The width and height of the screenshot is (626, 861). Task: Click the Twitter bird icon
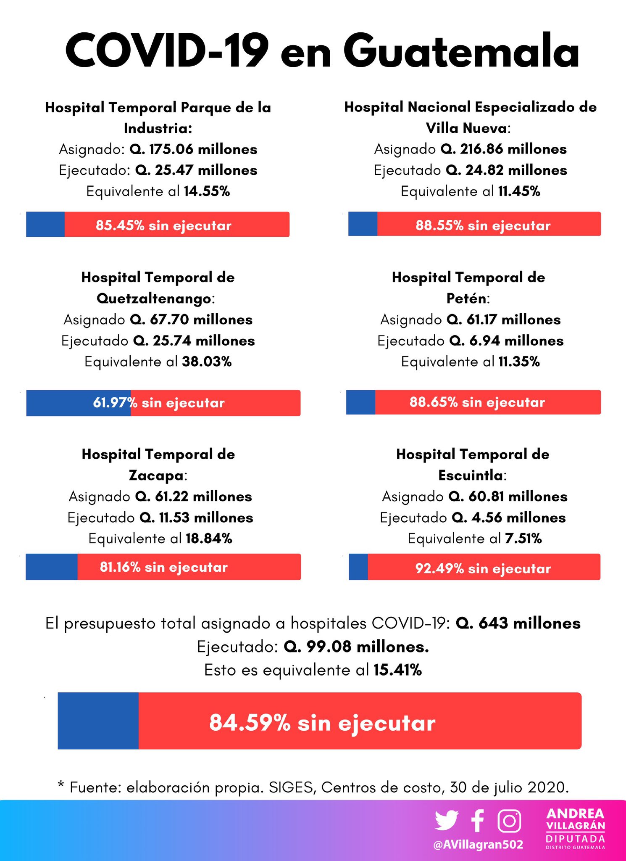click(x=446, y=820)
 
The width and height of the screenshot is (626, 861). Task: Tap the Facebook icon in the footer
click(x=477, y=820)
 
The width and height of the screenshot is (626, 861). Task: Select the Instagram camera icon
click(x=509, y=820)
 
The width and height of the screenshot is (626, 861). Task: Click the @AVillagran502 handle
click(x=478, y=844)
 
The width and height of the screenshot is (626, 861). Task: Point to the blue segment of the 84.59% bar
click(x=98, y=721)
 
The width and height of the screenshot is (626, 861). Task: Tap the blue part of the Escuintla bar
click(x=358, y=567)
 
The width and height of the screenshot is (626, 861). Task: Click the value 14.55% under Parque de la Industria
click(x=207, y=191)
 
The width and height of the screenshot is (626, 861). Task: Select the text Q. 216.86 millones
click(x=503, y=149)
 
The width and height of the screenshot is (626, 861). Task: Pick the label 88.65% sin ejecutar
click(x=477, y=402)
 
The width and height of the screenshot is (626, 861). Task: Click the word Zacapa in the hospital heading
click(x=156, y=475)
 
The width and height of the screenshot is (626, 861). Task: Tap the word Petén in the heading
click(x=466, y=298)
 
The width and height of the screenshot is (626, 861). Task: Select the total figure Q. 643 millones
click(x=518, y=623)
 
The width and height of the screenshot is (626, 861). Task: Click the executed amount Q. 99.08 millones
click(x=356, y=647)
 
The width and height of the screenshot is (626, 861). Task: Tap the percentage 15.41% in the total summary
click(x=397, y=670)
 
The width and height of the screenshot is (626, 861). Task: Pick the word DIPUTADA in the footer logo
click(x=576, y=839)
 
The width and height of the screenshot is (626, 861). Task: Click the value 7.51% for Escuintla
click(x=523, y=539)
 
